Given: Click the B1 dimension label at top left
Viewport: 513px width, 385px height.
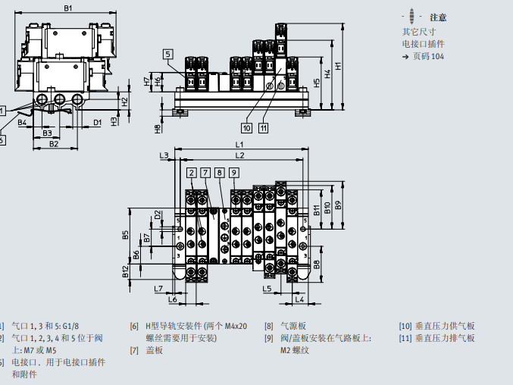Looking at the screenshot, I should (67, 8).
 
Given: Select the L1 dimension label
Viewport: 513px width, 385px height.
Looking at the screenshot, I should (239, 144).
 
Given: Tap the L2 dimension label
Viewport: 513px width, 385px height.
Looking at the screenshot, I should (239, 155).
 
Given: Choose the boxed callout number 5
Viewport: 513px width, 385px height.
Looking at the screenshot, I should (167, 53).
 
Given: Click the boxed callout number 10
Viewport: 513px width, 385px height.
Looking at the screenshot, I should (247, 127).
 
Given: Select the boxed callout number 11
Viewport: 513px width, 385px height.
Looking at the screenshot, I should (263, 127).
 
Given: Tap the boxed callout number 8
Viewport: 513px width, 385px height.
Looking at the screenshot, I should (220, 173).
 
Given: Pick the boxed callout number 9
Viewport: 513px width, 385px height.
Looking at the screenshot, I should (234, 173).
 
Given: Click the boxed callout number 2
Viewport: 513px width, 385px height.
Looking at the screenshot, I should (192, 173).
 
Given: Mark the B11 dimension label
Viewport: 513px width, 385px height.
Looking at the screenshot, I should (317, 210).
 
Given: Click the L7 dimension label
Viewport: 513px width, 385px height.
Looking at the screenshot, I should (158, 289).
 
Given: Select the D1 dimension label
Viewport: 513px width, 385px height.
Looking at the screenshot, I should (97, 122).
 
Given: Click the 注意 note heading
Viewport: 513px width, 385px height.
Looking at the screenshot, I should (438, 17).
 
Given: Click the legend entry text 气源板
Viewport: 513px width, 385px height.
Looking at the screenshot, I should (292, 326).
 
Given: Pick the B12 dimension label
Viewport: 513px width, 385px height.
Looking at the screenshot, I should (126, 271).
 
